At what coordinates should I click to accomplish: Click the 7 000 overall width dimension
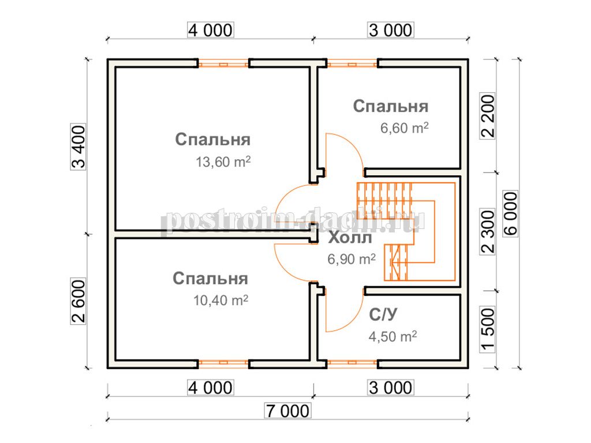click(288, 411)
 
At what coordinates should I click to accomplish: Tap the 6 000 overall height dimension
click(511, 213)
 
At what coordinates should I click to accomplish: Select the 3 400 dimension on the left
click(78, 147)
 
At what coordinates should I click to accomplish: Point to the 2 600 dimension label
click(78, 301)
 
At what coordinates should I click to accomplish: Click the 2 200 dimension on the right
click(487, 116)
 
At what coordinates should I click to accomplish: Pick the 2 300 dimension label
click(487, 232)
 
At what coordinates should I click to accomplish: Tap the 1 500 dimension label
click(487, 329)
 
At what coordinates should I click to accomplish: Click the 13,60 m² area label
click(223, 162)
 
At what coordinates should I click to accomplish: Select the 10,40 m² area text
click(221, 300)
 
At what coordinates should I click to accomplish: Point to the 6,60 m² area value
click(405, 127)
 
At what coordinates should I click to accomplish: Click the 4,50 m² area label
click(392, 336)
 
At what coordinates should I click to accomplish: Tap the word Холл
click(350, 238)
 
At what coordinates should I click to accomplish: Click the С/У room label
click(383, 314)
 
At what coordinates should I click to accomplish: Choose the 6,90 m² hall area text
click(351, 259)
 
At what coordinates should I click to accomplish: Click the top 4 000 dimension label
click(210, 30)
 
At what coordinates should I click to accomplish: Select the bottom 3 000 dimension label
click(391, 388)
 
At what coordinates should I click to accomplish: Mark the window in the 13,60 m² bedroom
click(223, 64)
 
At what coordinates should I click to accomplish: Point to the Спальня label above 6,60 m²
click(391, 106)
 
